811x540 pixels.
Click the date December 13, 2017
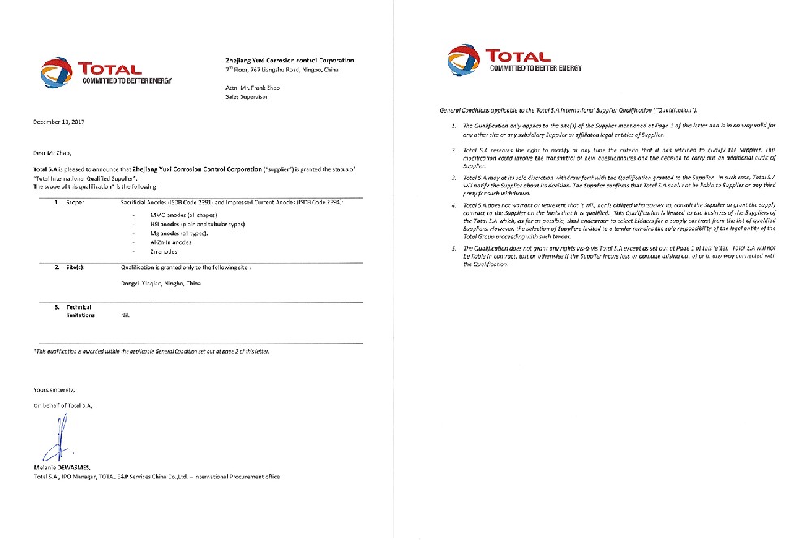pyautogui.click(x=59, y=122)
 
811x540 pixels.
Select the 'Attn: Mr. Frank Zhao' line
pyautogui.click(x=251, y=87)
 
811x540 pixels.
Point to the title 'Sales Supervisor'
pyautogui.click(x=246, y=96)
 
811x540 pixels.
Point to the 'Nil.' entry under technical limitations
pyautogui.click(x=125, y=315)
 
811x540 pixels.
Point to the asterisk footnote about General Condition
pyautogui.click(x=148, y=351)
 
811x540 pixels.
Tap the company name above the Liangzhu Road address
pyautogui.click(x=288, y=61)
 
